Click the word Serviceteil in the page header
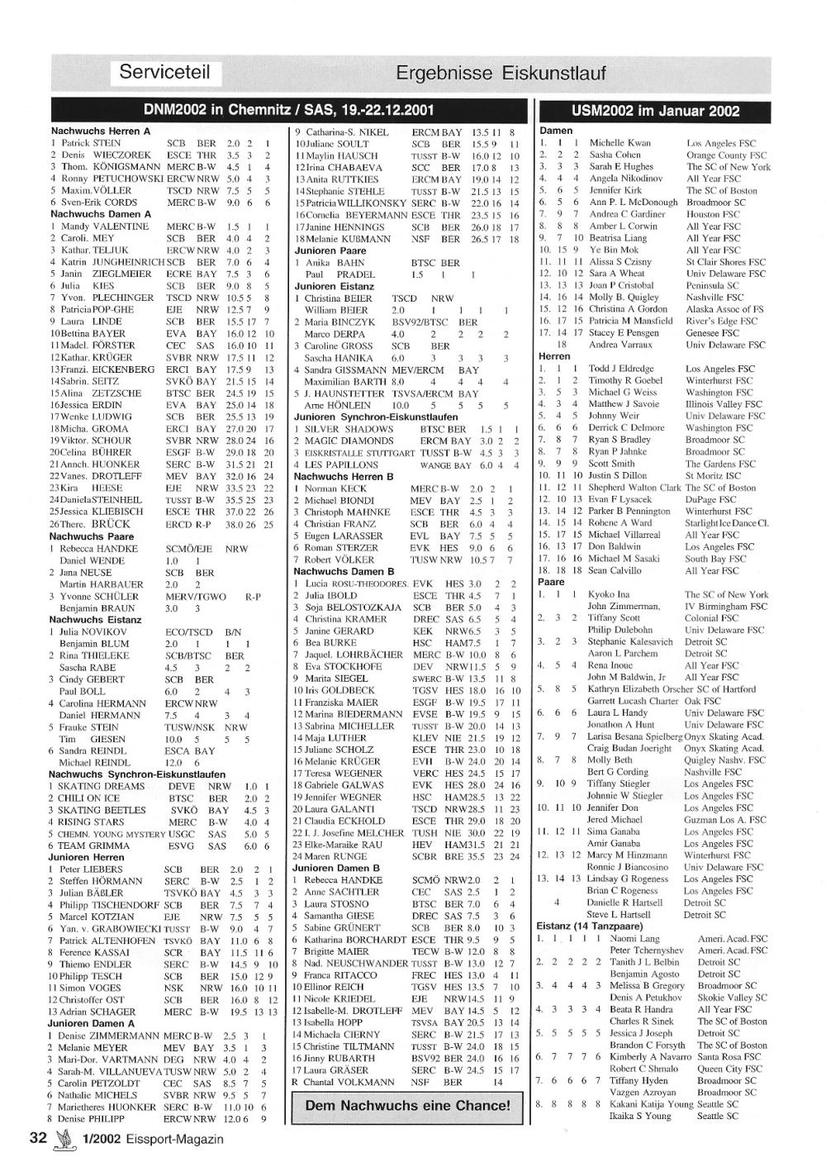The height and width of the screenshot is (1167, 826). coord(165,72)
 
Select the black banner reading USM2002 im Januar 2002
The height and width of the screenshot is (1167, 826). coord(655,111)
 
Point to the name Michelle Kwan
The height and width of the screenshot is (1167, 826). coord(619,143)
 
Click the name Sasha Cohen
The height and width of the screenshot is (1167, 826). coord(615,155)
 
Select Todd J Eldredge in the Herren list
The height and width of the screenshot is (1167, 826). coord(620,369)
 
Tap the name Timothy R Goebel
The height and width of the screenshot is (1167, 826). coord(624,381)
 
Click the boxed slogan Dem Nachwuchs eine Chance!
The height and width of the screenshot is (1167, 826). coord(408,1106)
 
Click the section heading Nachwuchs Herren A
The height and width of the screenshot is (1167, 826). coord(101,131)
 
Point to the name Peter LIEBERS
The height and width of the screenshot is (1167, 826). coord(92,869)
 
